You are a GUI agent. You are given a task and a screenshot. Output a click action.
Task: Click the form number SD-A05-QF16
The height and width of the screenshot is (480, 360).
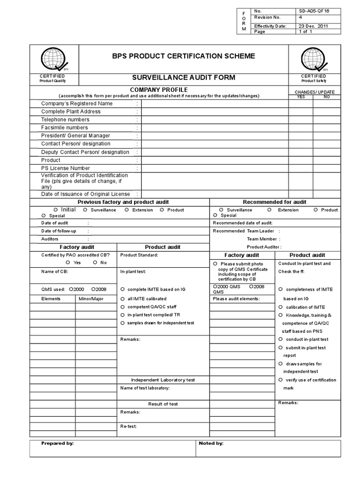(314, 11)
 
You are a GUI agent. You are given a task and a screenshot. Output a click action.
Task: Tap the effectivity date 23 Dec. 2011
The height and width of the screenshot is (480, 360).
(313, 26)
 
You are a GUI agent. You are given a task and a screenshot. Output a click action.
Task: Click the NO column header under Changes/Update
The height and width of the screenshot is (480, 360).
(327, 97)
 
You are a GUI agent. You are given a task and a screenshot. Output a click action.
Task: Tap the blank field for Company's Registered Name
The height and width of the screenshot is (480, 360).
(215, 104)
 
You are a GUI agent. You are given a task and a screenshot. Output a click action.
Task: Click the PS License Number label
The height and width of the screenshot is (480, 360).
(66, 168)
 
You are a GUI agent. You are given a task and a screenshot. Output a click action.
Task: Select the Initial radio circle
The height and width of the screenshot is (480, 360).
(56, 210)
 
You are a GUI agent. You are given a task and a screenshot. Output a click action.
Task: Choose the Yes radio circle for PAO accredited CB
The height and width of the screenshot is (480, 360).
(68, 262)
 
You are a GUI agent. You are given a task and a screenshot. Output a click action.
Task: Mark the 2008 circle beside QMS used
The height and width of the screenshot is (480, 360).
(94, 289)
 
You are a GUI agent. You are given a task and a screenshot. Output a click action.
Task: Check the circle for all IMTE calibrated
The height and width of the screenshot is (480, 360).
(123, 298)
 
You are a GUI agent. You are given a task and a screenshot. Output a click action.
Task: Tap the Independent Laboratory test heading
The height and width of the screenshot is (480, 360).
(163, 380)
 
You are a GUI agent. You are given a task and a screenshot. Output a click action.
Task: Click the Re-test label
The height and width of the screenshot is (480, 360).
(128, 427)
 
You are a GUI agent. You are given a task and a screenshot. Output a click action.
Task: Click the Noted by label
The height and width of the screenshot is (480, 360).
(211, 443)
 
